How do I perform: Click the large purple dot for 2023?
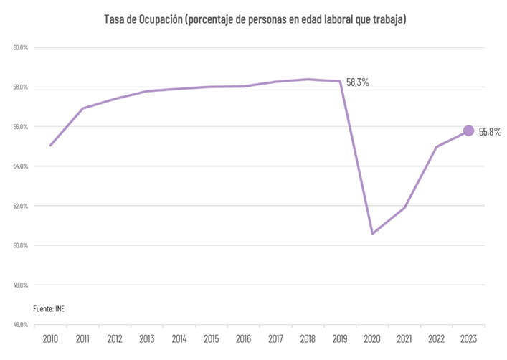(468, 131)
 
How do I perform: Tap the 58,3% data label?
(357, 82)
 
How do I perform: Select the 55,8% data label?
(490, 132)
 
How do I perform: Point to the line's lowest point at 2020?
(373, 233)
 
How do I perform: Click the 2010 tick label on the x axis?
(50, 338)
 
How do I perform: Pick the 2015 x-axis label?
(212, 338)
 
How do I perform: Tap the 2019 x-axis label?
(341, 338)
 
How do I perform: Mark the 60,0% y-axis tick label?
(20, 48)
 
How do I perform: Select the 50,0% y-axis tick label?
(20, 245)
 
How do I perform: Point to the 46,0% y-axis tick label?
(20, 324)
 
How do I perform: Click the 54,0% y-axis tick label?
(20, 166)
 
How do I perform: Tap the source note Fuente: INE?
(54, 308)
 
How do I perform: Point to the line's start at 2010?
(50, 146)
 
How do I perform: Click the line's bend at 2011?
(82, 108)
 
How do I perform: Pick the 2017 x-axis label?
(276, 338)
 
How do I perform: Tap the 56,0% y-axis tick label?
(20, 127)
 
